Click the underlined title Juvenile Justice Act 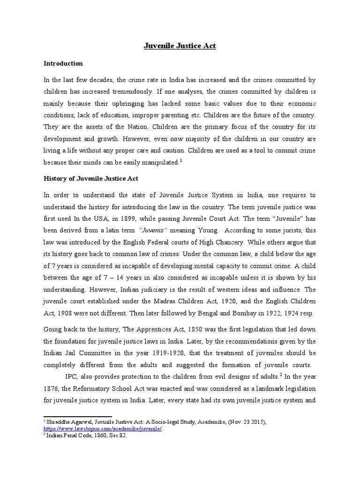pyautogui.click(x=180, y=46)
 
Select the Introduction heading pyautogui.click(x=63, y=63)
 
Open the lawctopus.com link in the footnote pyautogui.click(x=102, y=428)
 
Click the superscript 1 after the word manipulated pyautogui.click(x=181, y=160)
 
